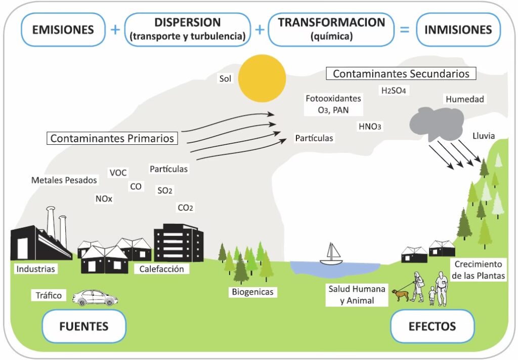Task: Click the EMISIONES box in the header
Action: pyautogui.click(x=63, y=29)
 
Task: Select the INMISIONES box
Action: pyautogui.click(x=458, y=29)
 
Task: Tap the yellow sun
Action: pyautogui.click(x=262, y=79)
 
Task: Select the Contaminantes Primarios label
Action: pyautogui.click(x=112, y=138)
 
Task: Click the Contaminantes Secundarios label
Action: pyautogui.click(x=401, y=73)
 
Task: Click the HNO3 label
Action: pyautogui.click(x=369, y=127)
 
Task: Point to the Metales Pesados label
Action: pyautogui.click(x=64, y=180)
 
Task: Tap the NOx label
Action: pyautogui.click(x=104, y=199)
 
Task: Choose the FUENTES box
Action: pyautogui.click(x=84, y=326)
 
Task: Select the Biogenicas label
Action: pyautogui.click(x=252, y=292)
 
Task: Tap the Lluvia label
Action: pyautogui.click(x=483, y=136)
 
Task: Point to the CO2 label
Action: pyautogui.click(x=185, y=207)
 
